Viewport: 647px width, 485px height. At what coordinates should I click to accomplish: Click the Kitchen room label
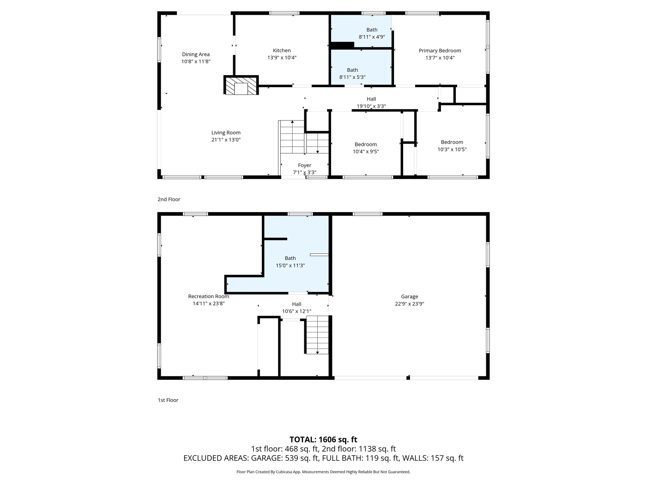pyautogui.click(x=282, y=51)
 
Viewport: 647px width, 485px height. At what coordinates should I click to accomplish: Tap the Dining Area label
pyautogui.click(x=196, y=54)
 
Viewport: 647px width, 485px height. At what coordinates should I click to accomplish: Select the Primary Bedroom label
pyautogui.click(x=440, y=51)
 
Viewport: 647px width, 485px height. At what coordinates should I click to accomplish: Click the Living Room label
pyautogui.click(x=226, y=133)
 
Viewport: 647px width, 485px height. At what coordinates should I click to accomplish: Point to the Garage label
pyautogui.click(x=409, y=296)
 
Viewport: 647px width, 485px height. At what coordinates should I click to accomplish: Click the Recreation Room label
pyautogui.click(x=209, y=296)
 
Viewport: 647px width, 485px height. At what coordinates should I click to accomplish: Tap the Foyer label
pyautogui.click(x=305, y=165)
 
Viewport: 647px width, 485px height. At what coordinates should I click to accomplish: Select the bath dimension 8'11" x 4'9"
pyautogui.click(x=372, y=37)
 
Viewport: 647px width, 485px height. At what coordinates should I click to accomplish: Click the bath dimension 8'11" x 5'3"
pyautogui.click(x=352, y=77)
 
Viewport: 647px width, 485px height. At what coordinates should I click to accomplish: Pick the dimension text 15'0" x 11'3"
pyautogui.click(x=290, y=266)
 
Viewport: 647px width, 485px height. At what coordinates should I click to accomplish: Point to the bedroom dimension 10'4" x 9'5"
pyautogui.click(x=366, y=152)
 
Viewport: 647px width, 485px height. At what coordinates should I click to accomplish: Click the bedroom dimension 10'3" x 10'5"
pyautogui.click(x=452, y=149)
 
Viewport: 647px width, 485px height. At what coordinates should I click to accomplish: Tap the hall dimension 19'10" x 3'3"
pyautogui.click(x=371, y=106)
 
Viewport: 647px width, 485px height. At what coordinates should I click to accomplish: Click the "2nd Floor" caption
pyautogui.click(x=169, y=199)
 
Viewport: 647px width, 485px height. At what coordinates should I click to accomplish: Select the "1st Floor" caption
pyautogui.click(x=168, y=400)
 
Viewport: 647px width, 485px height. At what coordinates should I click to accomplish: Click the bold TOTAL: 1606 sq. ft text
pyautogui.click(x=323, y=439)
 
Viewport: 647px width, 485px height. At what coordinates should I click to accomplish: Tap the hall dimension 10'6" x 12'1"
pyautogui.click(x=296, y=311)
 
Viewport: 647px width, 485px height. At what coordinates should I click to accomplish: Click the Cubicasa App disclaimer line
pyautogui.click(x=323, y=472)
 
